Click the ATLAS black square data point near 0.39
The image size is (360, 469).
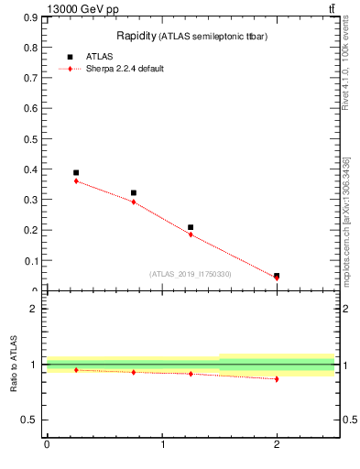(x=76, y=172)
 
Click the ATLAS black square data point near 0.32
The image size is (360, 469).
(x=134, y=193)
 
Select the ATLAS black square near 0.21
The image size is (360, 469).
(x=191, y=227)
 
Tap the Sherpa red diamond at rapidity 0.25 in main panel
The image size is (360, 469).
(x=76, y=180)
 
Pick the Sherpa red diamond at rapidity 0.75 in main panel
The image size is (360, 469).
(x=134, y=202)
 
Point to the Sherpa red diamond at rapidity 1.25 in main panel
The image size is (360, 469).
(x=191, y=234)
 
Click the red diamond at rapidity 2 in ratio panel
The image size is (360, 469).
(x=277, y=378)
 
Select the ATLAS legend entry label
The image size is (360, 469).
(x=100, y=57)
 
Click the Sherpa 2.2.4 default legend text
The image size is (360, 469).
(x=125, y=69)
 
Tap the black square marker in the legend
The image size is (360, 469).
(x=70, y=57)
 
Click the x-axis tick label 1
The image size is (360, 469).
(x=162, y=445)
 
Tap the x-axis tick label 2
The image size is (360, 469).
(x=277, y=445)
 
